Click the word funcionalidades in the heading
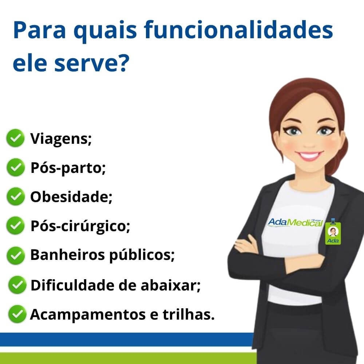pos(238,30)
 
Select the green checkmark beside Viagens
pos(15,138)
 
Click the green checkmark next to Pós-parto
pos(16,167)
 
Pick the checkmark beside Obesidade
pos(16,197)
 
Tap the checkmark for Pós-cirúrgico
pos(15,225)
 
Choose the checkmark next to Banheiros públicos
pos(16,256)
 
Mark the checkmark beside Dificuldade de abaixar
pos(17,285)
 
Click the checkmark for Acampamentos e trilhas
pos(17,314)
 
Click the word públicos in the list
pos(142,255)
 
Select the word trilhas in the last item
pos(189,314)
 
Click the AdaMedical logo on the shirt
pos(295,222)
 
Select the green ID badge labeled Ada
pos(333,232)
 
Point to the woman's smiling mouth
pos(309,156)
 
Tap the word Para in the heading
pos(39,31)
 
